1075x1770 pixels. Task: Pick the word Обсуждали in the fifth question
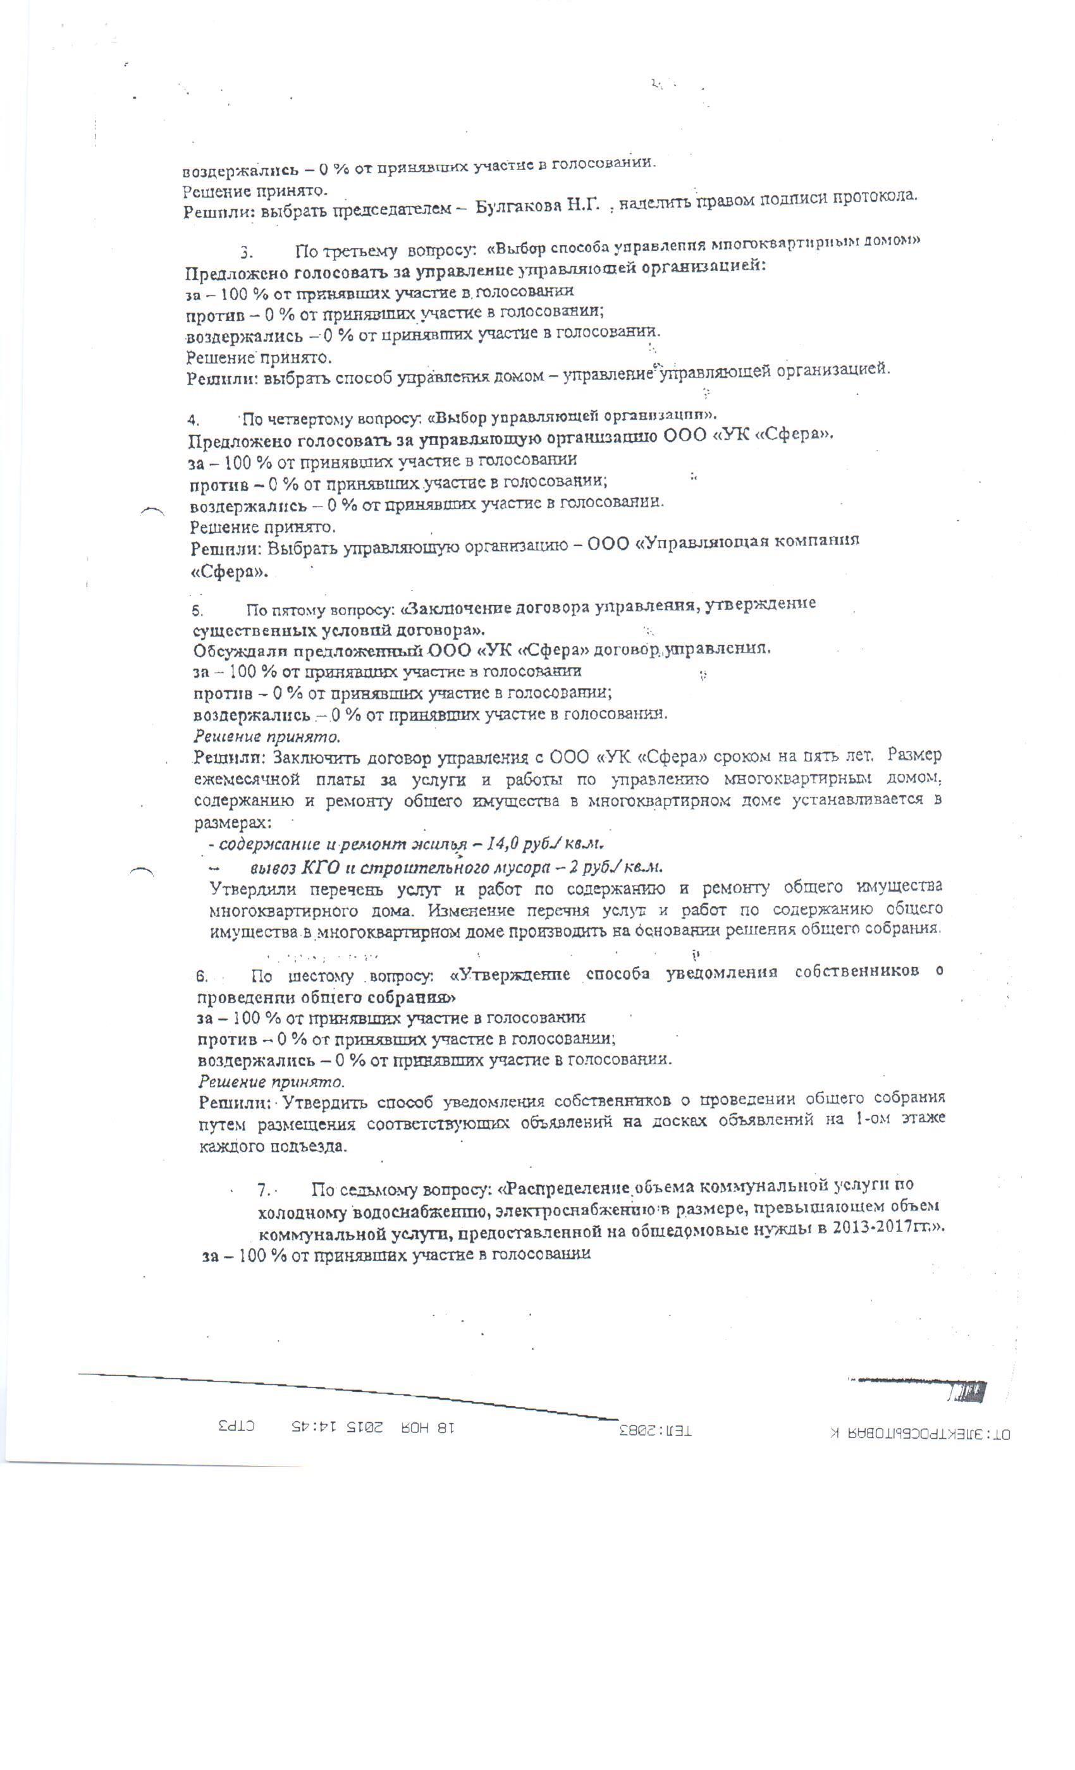(232, 652)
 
